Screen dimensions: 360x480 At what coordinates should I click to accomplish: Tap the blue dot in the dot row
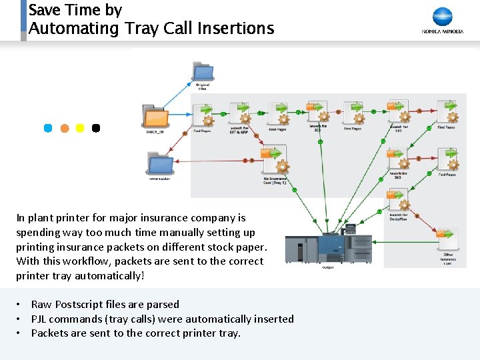(x=48, y=128)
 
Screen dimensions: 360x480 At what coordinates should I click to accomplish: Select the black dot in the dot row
(x=96, y=128)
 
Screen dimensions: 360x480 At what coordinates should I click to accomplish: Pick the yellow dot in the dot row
(x=80, y=128)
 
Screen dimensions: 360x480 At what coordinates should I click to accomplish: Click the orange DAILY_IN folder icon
(x=155, y=117)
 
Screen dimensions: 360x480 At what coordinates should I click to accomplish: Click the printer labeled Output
(x=328, y=249)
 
